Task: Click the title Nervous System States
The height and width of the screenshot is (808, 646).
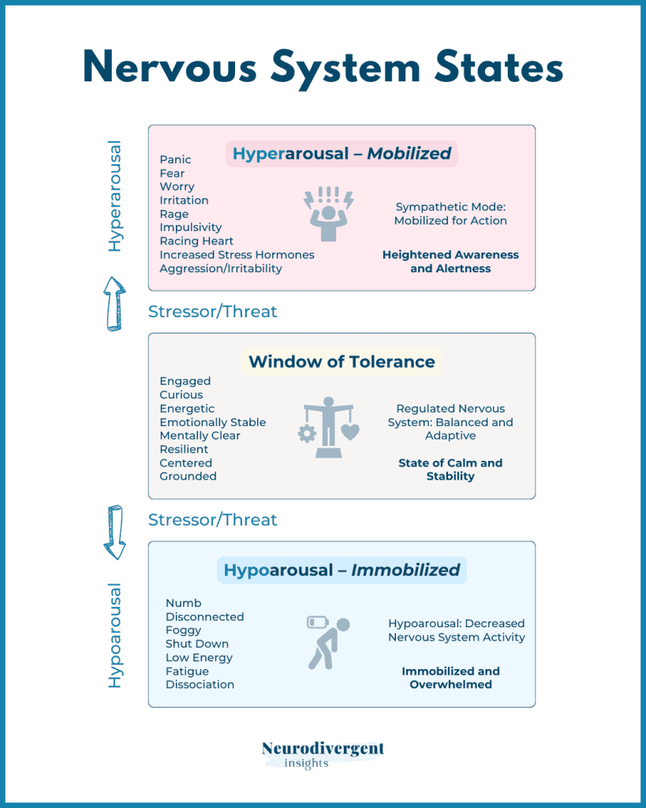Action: [323, 69]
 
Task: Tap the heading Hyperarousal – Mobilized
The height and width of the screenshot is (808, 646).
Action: [342, 153]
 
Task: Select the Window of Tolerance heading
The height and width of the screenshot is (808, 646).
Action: [342, 361]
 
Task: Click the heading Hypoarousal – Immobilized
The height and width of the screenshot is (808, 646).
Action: [342, 570]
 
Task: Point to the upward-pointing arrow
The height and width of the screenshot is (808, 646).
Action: [115, 303]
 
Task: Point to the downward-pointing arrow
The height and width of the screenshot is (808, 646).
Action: [115, 532]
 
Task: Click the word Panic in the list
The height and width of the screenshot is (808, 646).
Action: [175, 159]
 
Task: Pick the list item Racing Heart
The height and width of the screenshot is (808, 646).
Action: [196, 241]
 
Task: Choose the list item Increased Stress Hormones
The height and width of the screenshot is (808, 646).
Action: [237, 255]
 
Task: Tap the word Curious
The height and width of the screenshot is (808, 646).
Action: [181, 395]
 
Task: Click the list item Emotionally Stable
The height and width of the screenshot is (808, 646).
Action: [212, 422]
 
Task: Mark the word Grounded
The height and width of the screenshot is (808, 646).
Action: [188, 476]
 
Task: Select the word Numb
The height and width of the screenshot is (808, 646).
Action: [183, 603]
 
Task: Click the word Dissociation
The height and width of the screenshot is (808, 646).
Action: [200, 684]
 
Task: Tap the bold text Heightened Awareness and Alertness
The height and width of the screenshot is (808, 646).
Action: [450, 261]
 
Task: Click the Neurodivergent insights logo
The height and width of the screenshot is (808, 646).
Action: [323, 754]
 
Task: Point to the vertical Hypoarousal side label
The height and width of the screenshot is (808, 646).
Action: [115, 635]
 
